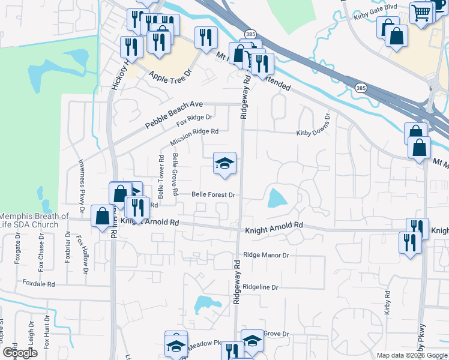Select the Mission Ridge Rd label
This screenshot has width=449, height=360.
coord(193,137)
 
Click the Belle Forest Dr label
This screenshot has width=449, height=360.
coord(213,194)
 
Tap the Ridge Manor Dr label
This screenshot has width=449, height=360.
coord(266,255)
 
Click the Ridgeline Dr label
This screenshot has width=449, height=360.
coord(261,287)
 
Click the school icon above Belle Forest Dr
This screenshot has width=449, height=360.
coord(224,163)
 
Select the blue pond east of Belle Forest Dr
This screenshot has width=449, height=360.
coord(277,197)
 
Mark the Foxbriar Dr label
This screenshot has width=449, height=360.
coord(68,256)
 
